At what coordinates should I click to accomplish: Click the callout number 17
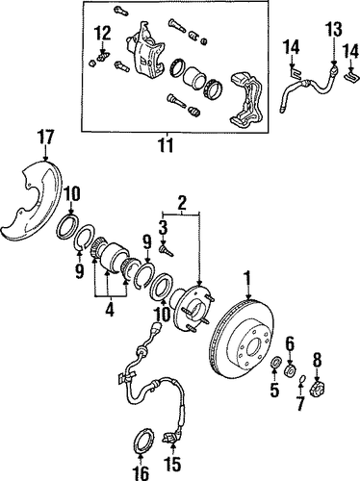[46, 138]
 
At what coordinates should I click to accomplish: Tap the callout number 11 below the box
[167, 145]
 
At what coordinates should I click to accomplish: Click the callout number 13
[335, 30]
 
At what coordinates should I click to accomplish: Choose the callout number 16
[141, 473]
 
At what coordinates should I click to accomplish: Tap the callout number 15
[172, 464]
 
